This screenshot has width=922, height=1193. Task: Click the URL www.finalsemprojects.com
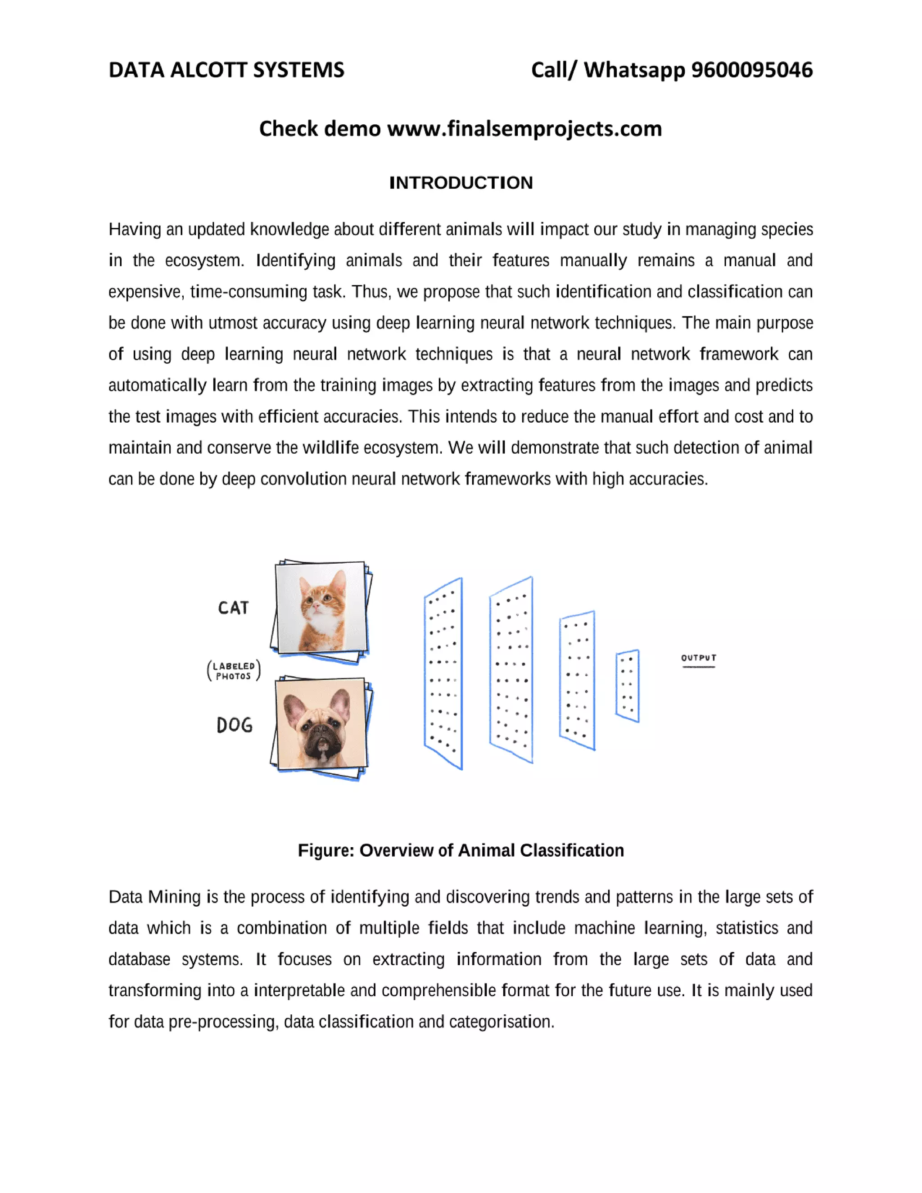coord(524,129)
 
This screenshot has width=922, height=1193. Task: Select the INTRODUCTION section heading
coord(461,182)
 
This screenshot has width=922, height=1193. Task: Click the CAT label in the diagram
coord(233,608)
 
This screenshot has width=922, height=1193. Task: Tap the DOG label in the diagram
coord(234,725)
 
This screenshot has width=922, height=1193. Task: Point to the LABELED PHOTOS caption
coord(234,671)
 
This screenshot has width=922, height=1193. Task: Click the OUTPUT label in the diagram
coord(698,658)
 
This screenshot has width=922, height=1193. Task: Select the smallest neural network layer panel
coord(627,686)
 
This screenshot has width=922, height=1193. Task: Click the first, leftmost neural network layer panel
coord(443,673)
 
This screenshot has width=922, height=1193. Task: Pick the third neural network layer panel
coord(577,680)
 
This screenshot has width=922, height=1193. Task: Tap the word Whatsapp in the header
coord(633,70)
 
